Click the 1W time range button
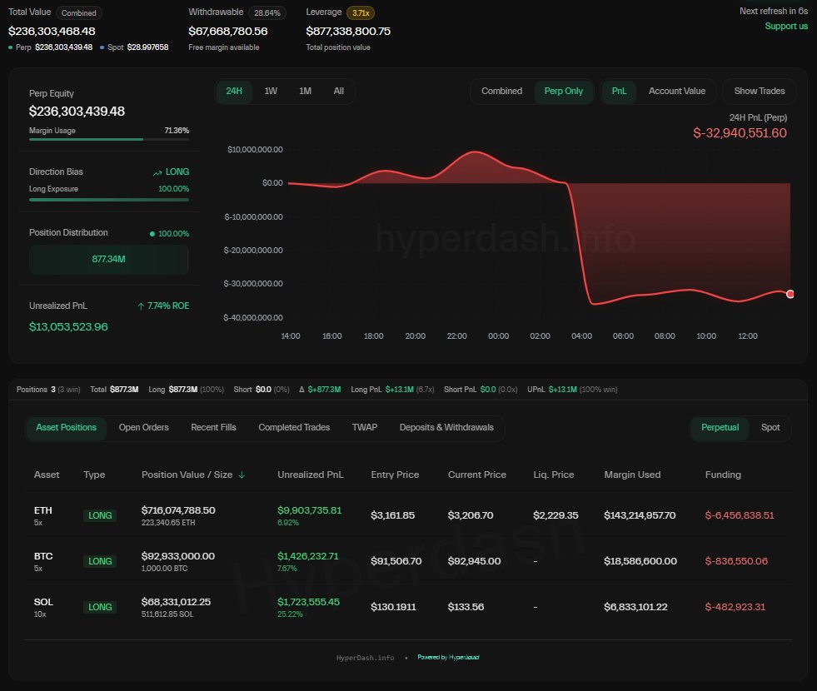click(271, 91)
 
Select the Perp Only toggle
click(564, 91)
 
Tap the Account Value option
click(676, 91)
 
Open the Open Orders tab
click(143, 427)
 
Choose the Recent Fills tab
click(213, 427)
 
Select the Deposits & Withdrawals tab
click(446, 427)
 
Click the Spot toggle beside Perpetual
click(770, 427)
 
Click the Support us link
click(786, 26)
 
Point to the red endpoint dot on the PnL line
click(790, 294)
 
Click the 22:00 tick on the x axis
click(456, 336)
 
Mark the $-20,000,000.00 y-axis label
click(254, 250)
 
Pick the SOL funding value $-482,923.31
click(735, 607)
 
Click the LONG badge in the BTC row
click(100, 561)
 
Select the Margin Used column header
click(632, 475)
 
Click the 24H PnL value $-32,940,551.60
click(740, 132)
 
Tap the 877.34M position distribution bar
click(109, 260)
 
